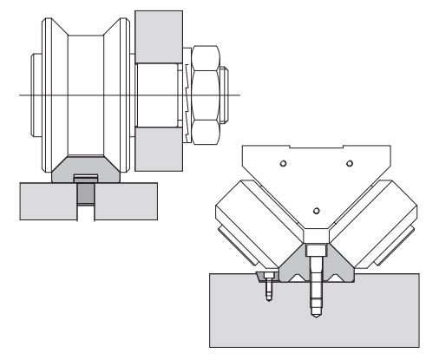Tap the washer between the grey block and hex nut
(x=184, y=95)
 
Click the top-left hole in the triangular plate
(x=284, y=162)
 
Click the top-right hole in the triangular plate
(x=349, y=162)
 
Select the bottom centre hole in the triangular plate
(x=316, y=209)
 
